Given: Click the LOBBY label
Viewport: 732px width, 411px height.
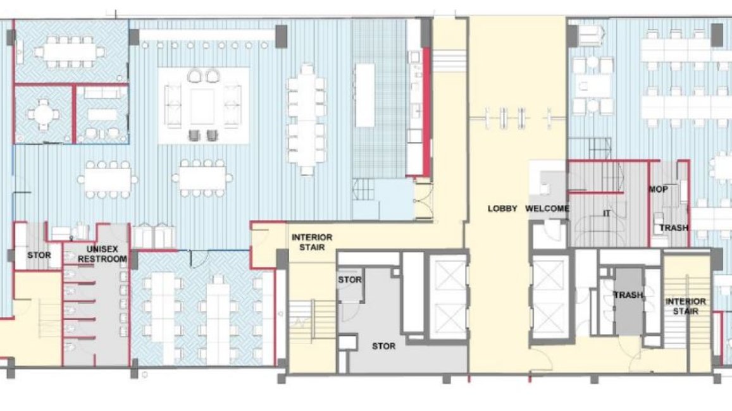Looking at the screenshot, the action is pyautogui.click(x=502, y=209).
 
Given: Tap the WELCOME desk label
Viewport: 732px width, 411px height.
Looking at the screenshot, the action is pyautogui.click(x=547, y=209).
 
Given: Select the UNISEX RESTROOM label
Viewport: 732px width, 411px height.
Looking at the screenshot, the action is pyautogui.click(x=102, y=254).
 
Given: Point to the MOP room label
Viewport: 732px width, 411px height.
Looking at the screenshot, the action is pyautogui.click(x=658, y=189).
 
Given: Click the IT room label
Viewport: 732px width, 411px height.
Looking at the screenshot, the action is pyautogui.click(x=607, y=214).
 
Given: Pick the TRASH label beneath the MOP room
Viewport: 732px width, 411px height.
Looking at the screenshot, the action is pyautogui.click(x=674, y=228).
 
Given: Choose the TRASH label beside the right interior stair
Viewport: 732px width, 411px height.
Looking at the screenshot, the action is pyautogui.click(x=628, y=295).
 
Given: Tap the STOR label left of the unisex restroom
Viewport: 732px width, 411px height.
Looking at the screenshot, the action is pyautogui.click(x=39, y=255).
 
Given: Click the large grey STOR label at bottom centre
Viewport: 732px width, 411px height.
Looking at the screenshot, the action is pyautogui.click(x=384, y=346).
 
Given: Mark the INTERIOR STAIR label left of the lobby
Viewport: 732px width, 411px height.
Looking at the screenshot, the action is pyautogui.click(x=312, y=242).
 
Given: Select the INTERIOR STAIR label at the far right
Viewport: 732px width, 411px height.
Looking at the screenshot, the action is pyautogui.click(x=685, y=307).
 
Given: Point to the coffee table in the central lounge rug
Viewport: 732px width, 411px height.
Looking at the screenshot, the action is pyautogui.click(x=202, y=106).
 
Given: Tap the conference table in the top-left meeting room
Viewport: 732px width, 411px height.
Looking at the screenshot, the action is pyautogui.click(x=70, y=51).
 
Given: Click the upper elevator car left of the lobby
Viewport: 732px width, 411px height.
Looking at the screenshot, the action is pyautogui.click(x=448, y=277).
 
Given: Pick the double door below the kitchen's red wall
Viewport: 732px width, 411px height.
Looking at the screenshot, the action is pyautogui.click(x=423, y=200).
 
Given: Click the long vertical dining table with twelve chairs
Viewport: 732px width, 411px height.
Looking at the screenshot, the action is pyautogui.click(x=306, y=120).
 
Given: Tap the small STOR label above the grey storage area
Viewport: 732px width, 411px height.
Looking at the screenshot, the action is pyautogui.click(x=350, y=280).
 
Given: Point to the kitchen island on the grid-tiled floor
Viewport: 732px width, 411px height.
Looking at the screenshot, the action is pyautogui.click(x=364, y=95).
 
